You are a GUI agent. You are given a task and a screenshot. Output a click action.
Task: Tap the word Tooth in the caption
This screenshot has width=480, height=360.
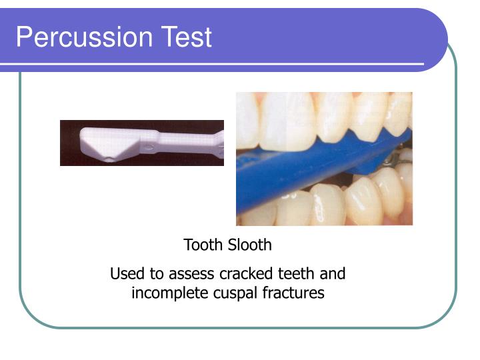pyautogui.click(x=203, y=245)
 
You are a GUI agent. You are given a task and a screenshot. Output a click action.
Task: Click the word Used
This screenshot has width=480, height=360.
pyautogui.click(x=125, y=274)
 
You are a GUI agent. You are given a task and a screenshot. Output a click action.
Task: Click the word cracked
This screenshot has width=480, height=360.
pyautogui.click(x=245, y=274)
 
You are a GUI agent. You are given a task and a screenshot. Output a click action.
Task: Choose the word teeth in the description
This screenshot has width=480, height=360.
pyautogui.click(x=297, y=274)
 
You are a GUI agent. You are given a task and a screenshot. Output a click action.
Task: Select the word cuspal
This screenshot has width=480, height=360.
pyautogui.click(x=230, y=293)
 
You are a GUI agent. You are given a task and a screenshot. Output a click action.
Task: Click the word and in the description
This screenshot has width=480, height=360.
pyautogui.click(x=333, y=274)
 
